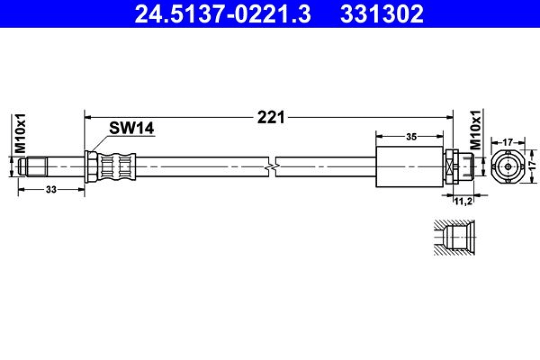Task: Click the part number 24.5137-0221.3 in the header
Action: pyautogui.click(x=222, y=14)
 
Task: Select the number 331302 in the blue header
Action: pyautogui.click(x=382, y=14)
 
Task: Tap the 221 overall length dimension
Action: pyautogui.click(x=271, y=117)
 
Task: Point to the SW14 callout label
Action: pyautogui.click(x=132, y=128)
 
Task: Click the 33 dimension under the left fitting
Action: pyautogui.click(x=51, y=189)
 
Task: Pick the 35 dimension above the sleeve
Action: pyautogui.click(x=411, y=137)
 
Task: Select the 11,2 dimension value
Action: pyautogui.click(x=463, y=201)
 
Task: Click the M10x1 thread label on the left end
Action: pyautogui.click(x=21, y=133)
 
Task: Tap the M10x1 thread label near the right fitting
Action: pyautogui.click(x=476, y=130)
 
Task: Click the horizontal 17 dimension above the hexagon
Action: pyautogui.click(x=508, y=142)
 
